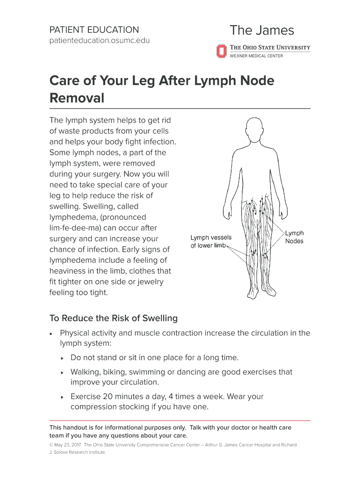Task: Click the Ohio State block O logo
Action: (221, 51)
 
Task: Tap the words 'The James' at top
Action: (262, 31)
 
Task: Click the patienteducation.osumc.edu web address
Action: (100, 41)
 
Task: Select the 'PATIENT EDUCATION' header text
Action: (94, 29)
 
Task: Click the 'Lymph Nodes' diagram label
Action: (294, 237)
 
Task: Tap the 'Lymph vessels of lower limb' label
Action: (211, 241)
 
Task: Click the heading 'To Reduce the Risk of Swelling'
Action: (114, 319)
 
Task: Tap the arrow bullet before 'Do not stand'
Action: (62, 358)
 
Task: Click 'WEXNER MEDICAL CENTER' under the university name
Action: (256, 56)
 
